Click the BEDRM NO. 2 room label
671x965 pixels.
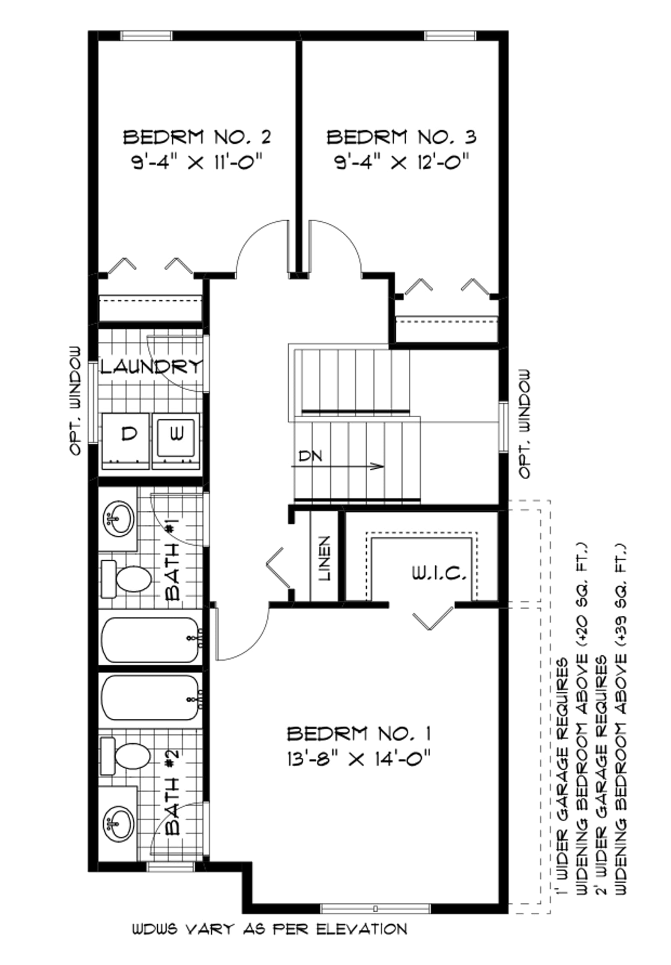pyautogui.click(x=197, y=137)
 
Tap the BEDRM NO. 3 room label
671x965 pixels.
pyautogui.click(x=401, y=137)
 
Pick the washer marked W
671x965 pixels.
pyautogui.click(x=176, y=441)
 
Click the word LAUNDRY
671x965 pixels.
pyautogui.click(x=151, y=367)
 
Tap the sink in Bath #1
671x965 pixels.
pyautogui.click(x=117, y=519)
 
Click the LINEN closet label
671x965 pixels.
pyautogui.click(x=325, y=558)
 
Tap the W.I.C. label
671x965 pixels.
pyautogui.click(x=439, y=573)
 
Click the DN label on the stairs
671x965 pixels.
pyautogui.click(x=310, y=456)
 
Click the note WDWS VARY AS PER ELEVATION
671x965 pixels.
pyautogui.click(x=270, y=929)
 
